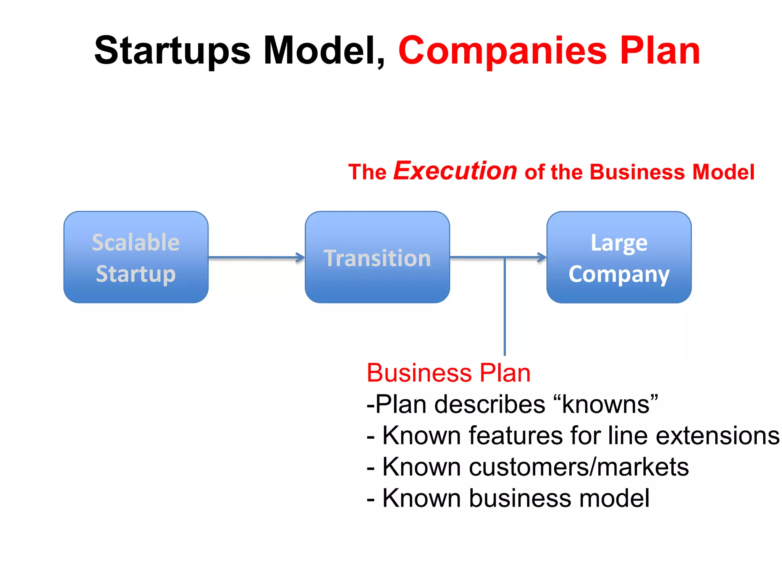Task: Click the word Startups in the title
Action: pos(172,51)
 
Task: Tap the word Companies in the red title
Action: pos(502,51)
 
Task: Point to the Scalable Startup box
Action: pos(136,257)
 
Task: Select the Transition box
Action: pos(377,257)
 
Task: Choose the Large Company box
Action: pos(619,257)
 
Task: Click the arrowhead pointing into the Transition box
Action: pos(301,257)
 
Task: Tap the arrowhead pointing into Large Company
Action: pos(542,257)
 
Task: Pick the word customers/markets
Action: pos(578,467)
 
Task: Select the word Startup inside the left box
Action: pos(136,274)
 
